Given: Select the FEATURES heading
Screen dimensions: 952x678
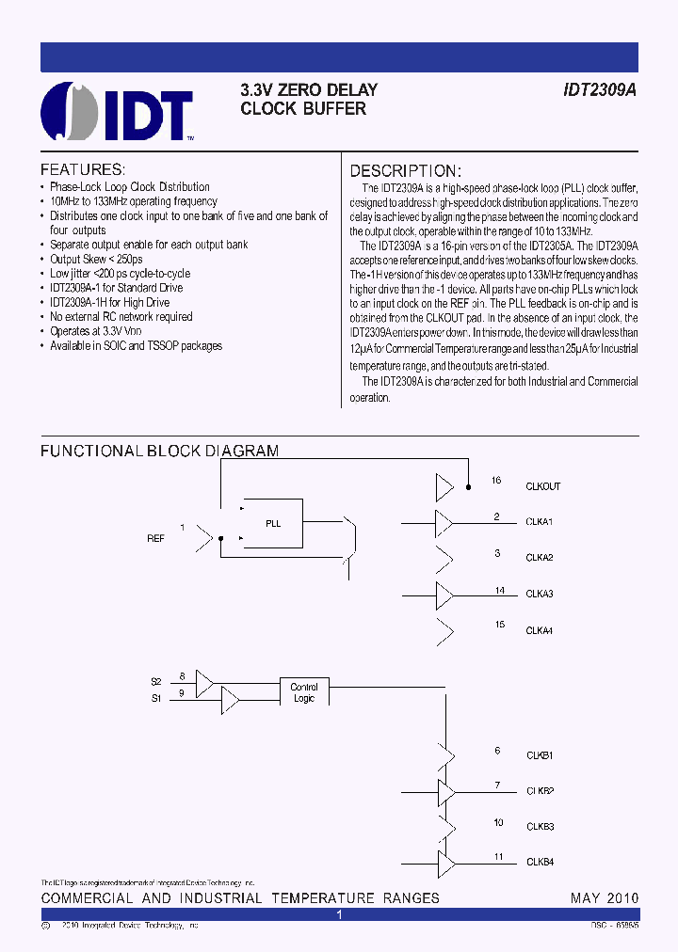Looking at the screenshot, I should (83, 170).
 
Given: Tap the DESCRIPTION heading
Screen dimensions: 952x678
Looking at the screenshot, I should (405, 171).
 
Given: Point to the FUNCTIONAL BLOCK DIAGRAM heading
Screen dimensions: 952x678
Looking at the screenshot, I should (159, 452).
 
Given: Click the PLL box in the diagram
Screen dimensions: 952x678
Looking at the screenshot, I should (273, 524).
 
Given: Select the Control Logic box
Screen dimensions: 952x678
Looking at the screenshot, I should (303, 692).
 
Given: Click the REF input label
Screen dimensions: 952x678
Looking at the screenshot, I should (155, 539).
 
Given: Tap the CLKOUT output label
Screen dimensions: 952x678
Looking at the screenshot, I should (543, 486).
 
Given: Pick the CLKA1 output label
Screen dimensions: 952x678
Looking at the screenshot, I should (540, 521).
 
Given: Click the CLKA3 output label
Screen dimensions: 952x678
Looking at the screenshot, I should (540, 595).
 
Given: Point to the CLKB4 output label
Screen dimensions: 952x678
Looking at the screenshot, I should (540, 862).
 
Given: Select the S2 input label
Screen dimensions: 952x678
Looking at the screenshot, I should (156, 680).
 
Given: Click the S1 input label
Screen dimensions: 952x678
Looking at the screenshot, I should (156, 698).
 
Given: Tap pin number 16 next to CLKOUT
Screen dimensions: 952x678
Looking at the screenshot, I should (496, 481).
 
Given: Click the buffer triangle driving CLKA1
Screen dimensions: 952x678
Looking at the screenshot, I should (443, 521).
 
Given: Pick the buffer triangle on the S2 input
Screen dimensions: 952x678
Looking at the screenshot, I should (204, 680).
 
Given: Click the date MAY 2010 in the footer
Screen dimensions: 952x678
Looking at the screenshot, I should (604, 898).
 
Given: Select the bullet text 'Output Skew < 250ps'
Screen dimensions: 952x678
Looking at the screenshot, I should (97, 259).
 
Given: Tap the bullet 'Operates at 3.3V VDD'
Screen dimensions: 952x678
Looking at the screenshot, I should (98, 331).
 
